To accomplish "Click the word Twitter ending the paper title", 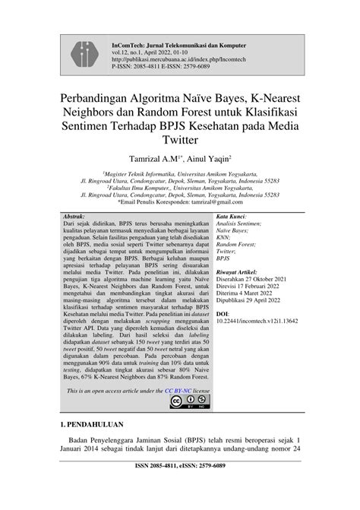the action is coord(179,141).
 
